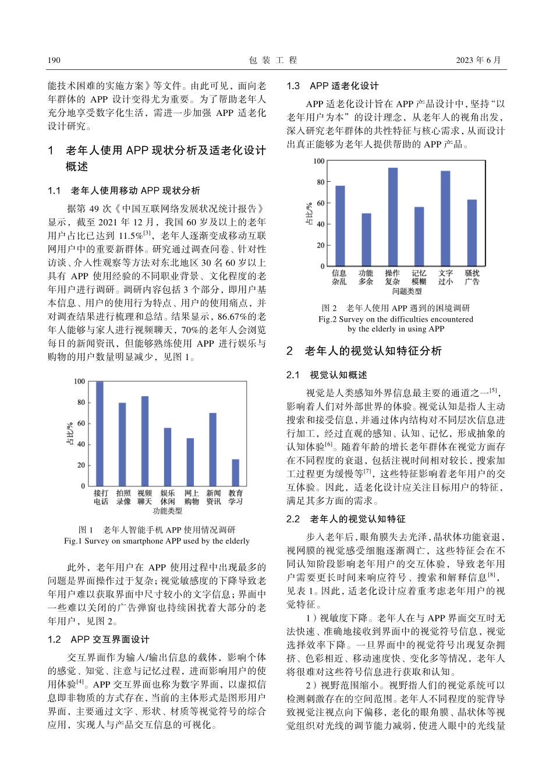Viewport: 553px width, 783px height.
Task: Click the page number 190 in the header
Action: point(54,60)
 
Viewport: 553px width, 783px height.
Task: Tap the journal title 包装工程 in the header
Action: point(273,60)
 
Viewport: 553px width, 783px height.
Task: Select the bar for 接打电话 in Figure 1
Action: point(100,433)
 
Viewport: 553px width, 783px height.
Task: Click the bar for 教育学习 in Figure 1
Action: point(235,472)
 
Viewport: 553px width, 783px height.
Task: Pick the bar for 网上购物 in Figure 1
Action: point(190,462)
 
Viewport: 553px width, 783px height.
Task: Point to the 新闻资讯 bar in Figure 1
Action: point(212,449)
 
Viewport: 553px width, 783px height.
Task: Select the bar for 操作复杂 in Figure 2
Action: point(393,217)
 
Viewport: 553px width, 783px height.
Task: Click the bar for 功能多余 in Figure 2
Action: point(366,239)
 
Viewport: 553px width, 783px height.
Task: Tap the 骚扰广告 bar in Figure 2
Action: point(472,232)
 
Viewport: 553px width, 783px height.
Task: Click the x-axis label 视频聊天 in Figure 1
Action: point(144,497)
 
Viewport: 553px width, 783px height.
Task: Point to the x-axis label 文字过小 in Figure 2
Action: point(445,277)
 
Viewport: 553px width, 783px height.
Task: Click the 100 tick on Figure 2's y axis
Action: point(319,161)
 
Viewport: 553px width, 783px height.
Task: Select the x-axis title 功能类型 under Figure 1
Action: point(168,511)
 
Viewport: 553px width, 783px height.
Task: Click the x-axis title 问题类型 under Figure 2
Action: point(406,291)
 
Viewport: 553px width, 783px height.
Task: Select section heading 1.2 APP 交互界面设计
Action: point(98,639)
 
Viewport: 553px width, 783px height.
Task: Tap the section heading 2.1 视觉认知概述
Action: point(327,375)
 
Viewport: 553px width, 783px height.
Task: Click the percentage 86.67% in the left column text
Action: point(232,316)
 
